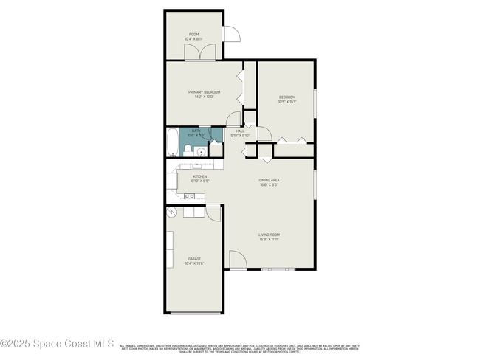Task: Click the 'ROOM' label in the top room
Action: tap(194, 34)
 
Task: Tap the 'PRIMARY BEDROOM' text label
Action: tap(203, 92)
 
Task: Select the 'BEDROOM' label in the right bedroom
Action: tap(287, 97)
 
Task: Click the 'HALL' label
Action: tap(240, 131)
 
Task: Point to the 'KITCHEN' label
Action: tap(199, 176)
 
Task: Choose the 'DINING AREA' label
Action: tap(268, 180)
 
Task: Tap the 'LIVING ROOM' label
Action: tap(269, 235)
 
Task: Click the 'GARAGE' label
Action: tap(193, 259)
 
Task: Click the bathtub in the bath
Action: tap(171, 142)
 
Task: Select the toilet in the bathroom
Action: tap(188, 151)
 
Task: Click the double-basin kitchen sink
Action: tap(190, 196)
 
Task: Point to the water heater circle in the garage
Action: tap(171, 212)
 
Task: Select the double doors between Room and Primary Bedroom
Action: tap(201, 52)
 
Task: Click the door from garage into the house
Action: tap(213, 212)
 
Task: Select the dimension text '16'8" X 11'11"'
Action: tap(269, 239)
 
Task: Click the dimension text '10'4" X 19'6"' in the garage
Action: tap(193, 263)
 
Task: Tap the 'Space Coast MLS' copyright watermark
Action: tap(58, 344)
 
